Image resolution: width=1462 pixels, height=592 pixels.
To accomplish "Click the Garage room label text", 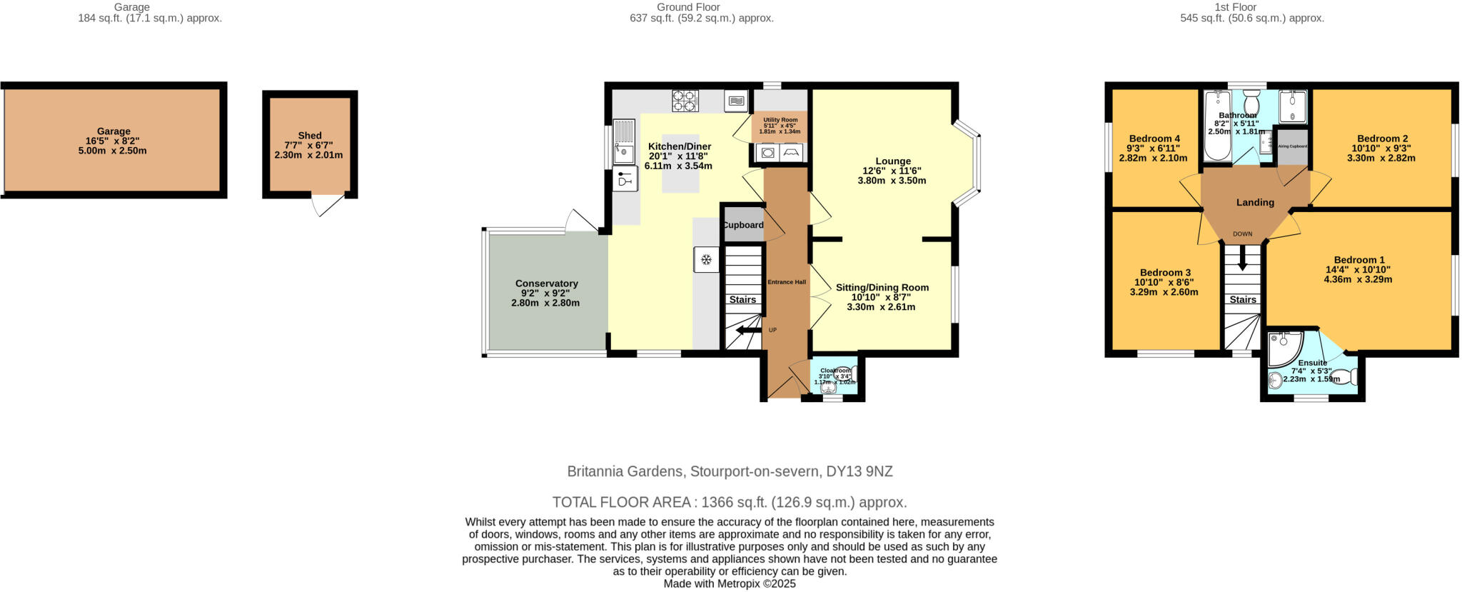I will (114, 131).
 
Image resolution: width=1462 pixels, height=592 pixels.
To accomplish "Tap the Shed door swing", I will (325, 206).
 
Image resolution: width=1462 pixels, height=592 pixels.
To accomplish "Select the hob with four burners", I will (685, 101).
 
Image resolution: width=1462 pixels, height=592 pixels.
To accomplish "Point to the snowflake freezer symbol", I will (706, 259).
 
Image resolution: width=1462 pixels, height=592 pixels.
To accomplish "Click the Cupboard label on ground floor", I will (743, 225).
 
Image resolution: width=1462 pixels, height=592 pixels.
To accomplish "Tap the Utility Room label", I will (780, 120).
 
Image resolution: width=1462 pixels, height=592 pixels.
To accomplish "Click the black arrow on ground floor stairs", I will (748, 330).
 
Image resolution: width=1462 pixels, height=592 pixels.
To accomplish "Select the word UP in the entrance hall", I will (772, 330).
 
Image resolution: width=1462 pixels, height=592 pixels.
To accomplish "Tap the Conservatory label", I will (546, 284).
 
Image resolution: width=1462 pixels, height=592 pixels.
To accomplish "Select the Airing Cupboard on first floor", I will (1292, 146).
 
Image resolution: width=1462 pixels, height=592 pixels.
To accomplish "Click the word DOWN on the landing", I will (1242, 234).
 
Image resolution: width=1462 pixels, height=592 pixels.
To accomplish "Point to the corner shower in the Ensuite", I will (1284, 347).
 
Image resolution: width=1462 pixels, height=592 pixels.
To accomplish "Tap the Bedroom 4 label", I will (1154, 139).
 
